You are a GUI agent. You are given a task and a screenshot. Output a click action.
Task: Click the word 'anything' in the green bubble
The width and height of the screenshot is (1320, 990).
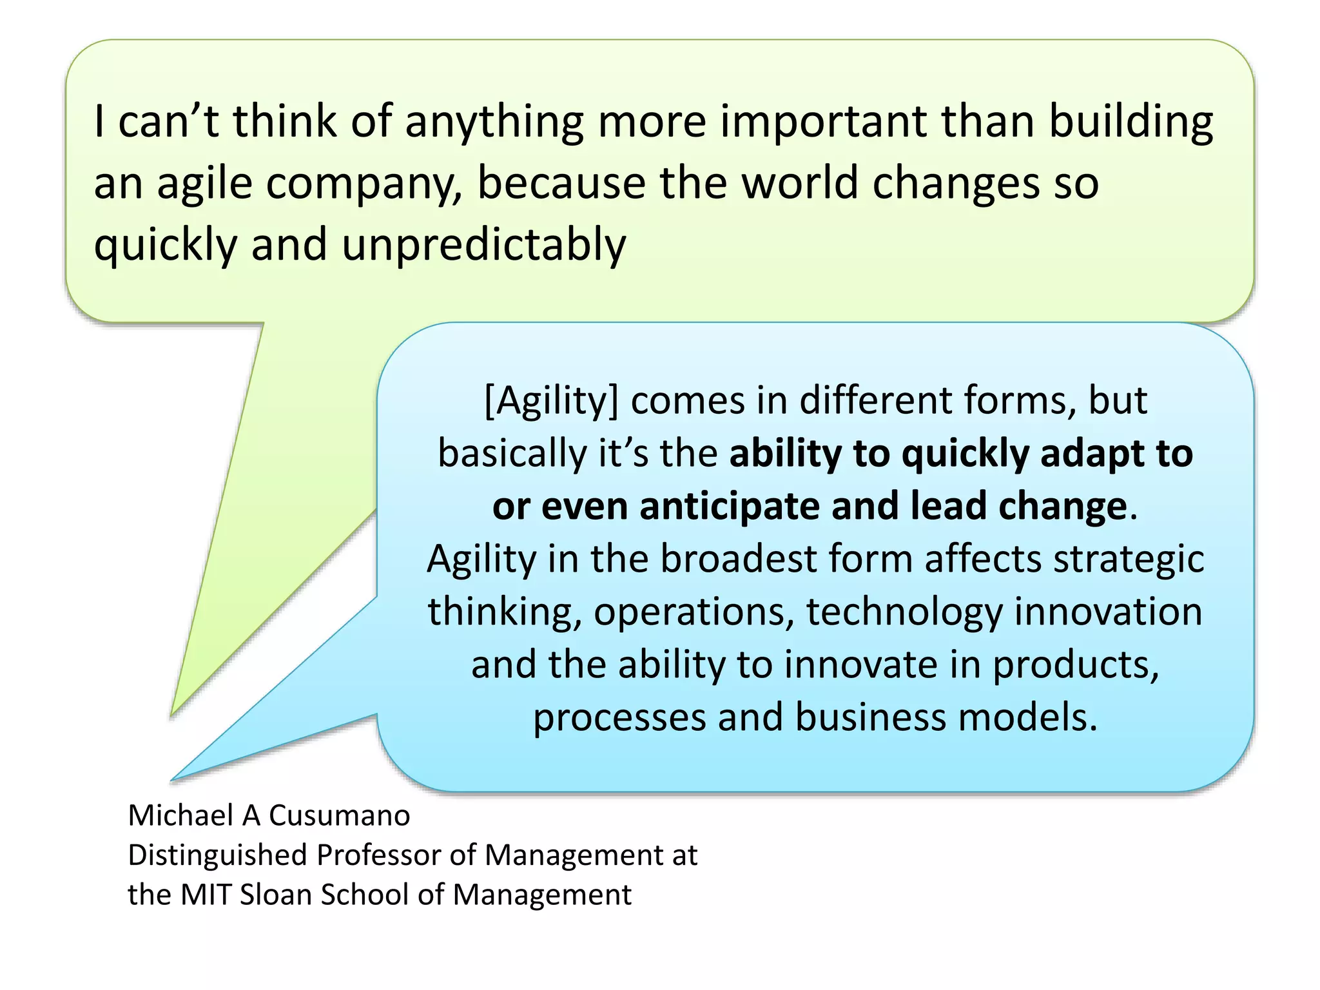pyautogui.click(x=494, y=122)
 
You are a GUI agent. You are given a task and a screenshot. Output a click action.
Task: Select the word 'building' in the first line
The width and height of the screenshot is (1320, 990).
pyautogui.click(x=1131, y=122)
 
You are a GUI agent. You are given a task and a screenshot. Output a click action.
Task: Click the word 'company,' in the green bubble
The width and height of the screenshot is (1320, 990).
pyautogui.click(x=364, y=184)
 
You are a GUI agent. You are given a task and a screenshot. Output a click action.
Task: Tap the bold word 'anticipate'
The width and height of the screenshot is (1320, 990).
pyautogui.click(x=729, y=506)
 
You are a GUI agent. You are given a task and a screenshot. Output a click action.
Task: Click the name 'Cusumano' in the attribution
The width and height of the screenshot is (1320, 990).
pyautogui.click(x=339, y=816)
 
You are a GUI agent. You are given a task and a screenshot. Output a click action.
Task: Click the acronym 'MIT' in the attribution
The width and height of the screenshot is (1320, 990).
pyautogui.click(x=205, y=895)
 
